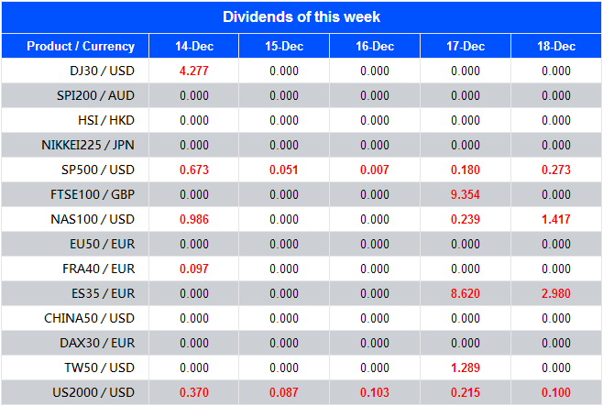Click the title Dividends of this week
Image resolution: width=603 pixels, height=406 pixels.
point(301,16)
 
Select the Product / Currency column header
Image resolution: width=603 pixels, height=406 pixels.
point(81,46)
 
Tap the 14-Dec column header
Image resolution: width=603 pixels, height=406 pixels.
point(193,47)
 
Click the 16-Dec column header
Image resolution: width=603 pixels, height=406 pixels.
point(375,47)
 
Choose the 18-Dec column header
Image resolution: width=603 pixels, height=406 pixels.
point(556,47)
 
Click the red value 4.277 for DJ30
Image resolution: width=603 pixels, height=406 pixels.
point(193,71)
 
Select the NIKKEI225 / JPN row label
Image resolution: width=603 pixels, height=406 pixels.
point(88,145)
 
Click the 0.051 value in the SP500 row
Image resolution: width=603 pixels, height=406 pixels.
point(284,170)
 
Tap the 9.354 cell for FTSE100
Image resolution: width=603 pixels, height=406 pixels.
point(466,194)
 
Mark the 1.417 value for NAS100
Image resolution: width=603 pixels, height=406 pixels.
point(556,219)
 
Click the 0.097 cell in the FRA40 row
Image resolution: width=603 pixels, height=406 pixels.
point(193,269)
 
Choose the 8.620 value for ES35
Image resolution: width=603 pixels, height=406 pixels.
point(466,293)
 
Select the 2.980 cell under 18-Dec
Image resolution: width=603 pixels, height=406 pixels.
point(556,293)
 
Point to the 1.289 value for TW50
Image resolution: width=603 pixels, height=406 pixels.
point(466,368)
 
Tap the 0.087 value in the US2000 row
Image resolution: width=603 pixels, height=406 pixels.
point(284,392)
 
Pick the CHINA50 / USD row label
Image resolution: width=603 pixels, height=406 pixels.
point(90,318)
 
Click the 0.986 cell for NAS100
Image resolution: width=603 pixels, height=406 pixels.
point(193,219)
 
